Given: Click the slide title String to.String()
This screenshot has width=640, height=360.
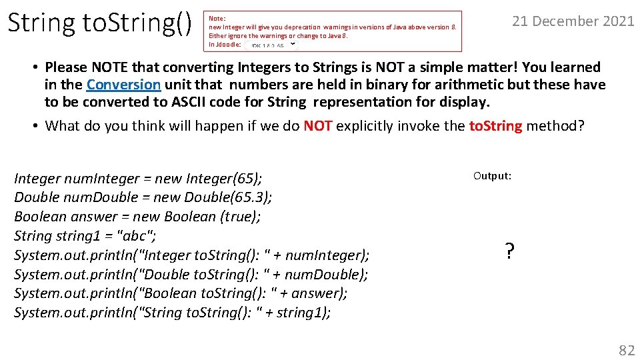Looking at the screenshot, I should pyautogui.click(x=100, y=23).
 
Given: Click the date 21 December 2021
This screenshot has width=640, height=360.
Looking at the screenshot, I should pyautogui.click(x=573, y=21).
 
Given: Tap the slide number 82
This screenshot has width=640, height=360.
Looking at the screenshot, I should pyautogui.click(x=627, y=350).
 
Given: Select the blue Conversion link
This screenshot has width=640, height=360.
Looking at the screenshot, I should pyautogui.click(x=123, y=85).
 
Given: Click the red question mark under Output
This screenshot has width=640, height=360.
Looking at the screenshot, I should pyautogui.click(x=509, y=251).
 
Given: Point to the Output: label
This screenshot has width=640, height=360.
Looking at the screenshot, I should pyautogui.click(x=492, y=176).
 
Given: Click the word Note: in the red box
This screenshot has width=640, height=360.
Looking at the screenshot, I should pyautogui.click(x=217, y=19).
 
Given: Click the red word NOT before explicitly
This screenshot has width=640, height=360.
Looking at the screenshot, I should pyautogui.click(x=318, y=126).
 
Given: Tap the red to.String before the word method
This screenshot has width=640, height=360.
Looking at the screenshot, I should pyautogui.click(x=495, y=126).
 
